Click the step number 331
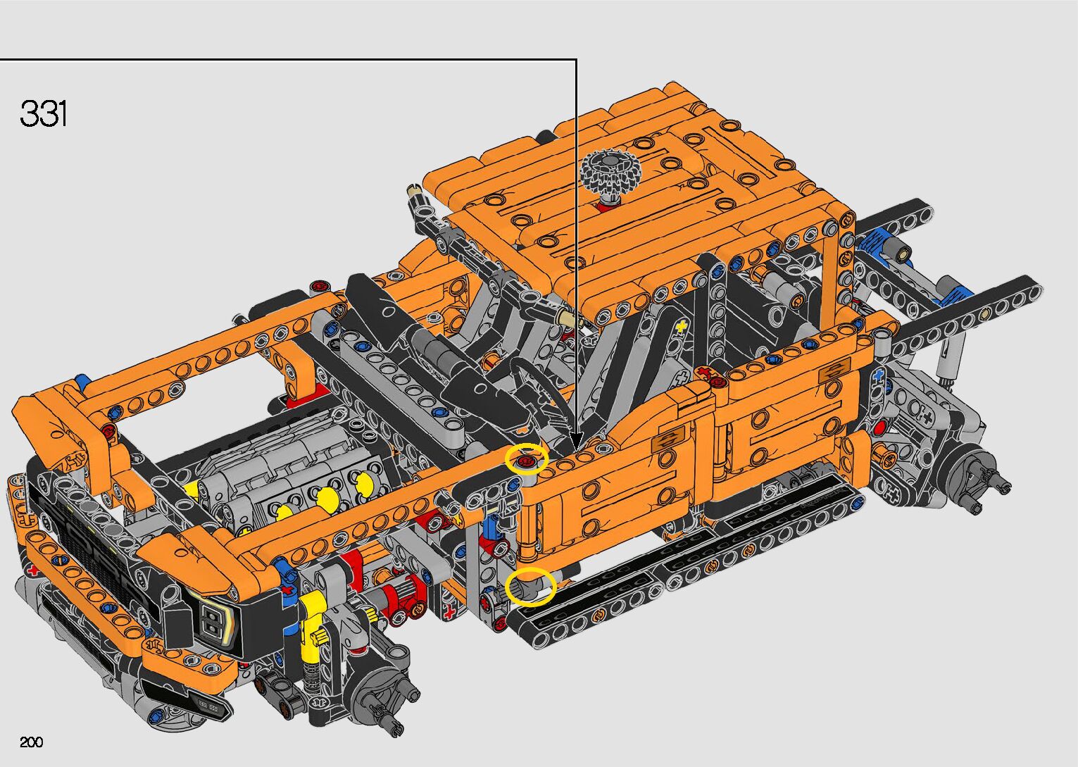tap(44, 113)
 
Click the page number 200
tap(31, 742)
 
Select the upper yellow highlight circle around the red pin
tap(527, 459)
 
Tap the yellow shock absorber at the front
tap(311, 626)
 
